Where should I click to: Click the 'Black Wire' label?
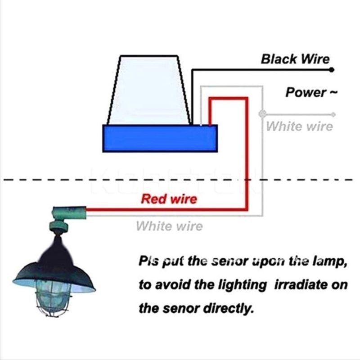[x=295, y=59]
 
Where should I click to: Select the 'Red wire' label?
[x=169, y=199]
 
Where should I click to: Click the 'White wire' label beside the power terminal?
[x=300, y=126]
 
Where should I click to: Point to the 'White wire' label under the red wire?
[x=169, y=226]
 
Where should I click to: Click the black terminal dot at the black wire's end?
[x=332, y=70]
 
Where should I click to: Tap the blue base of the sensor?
[x=160, y=138]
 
